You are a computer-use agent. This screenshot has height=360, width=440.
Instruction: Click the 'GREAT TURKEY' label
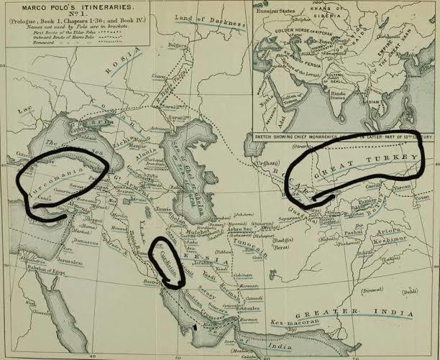coord(367,162)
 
